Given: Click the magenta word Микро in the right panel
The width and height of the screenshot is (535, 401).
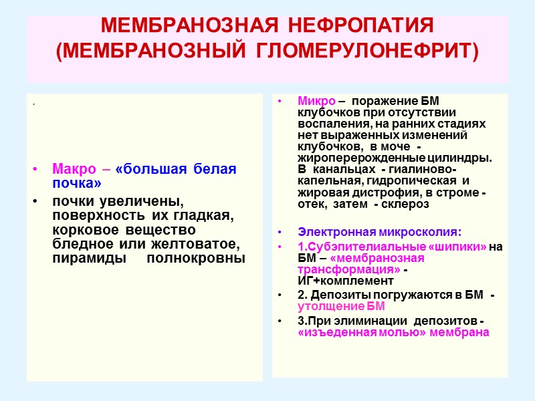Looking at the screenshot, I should click(316, 101).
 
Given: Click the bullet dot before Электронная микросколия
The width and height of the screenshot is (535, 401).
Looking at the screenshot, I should click(280, 233).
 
